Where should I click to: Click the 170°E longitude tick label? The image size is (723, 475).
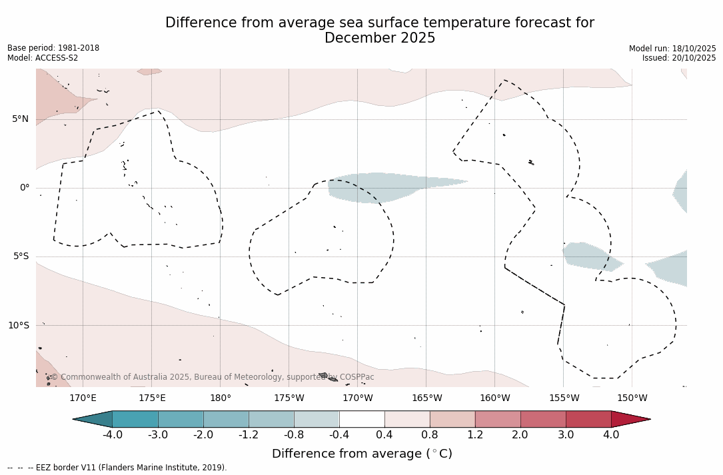pyautogui.click(x=83, y=398)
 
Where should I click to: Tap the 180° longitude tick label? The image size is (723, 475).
pyautogui.click(x=221, y=398)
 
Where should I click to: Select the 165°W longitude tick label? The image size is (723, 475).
pyautogui.click(x=426, y=398)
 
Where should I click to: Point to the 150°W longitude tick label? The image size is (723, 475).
pyautogui.click(x=632, y=398)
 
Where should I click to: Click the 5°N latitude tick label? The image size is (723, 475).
pyautogui.click(x=20, y=119)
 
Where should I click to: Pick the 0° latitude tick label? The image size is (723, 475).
pyautogui.click(x=25, y=188)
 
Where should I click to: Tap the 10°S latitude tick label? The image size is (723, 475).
pyautogui.click(x=18, y=326)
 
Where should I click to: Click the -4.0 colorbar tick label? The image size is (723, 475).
pyautogui.click(x=112, y=435)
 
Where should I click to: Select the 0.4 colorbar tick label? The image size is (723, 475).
pyautogui.click(x=384, y=435)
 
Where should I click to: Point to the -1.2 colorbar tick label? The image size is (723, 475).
pyautogui.click(x=249, y=435)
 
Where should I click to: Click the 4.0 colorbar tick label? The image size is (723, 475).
pyautogui.click(x=611, y=435)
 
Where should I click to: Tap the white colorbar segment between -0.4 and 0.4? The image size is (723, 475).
pyautogui.click(x=362, y=419)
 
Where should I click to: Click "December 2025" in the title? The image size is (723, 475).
pyautogui.click(x=380, y=39)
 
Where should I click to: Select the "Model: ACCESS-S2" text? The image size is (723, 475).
pyautogui.click(x=43, y=58)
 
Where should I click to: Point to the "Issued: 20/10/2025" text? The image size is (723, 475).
pyautogui.click(x=679, y=58)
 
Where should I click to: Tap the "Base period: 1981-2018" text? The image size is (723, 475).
pyautogui.click(x=53, y=48)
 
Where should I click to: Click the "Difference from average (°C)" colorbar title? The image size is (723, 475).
pyautogui.click(x=362, y=454)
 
